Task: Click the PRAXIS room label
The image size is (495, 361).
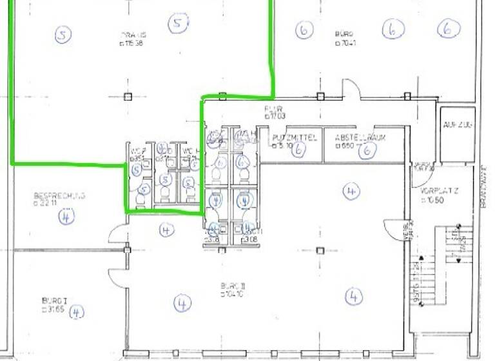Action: pos(133,35)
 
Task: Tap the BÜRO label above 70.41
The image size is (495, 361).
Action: pos(344,34)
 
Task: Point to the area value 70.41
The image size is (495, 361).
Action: pos(346,44)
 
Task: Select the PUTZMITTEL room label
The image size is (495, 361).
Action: pos(295,137)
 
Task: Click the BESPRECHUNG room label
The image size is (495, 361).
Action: pos(59,196)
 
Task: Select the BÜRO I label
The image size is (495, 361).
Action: pos(55,301)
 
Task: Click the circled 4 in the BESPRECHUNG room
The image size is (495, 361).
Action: pos(66,217)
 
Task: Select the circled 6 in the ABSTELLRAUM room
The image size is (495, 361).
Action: pos(367,150)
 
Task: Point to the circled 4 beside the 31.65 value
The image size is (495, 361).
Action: pos(77,313)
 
